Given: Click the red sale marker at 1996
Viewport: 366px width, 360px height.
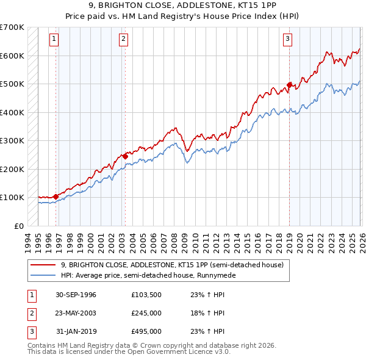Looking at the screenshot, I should (56, 196).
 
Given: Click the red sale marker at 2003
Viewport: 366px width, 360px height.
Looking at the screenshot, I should (125, 156).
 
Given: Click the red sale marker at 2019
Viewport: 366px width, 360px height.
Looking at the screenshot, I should (289, 85).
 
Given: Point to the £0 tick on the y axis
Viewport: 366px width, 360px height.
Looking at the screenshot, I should (18, 226).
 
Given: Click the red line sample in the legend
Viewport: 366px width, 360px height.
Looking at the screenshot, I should (43, 265).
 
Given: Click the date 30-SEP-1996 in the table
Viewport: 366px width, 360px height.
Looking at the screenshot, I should (76, 295).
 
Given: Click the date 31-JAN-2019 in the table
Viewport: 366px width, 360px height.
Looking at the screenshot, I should (76, 332).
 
